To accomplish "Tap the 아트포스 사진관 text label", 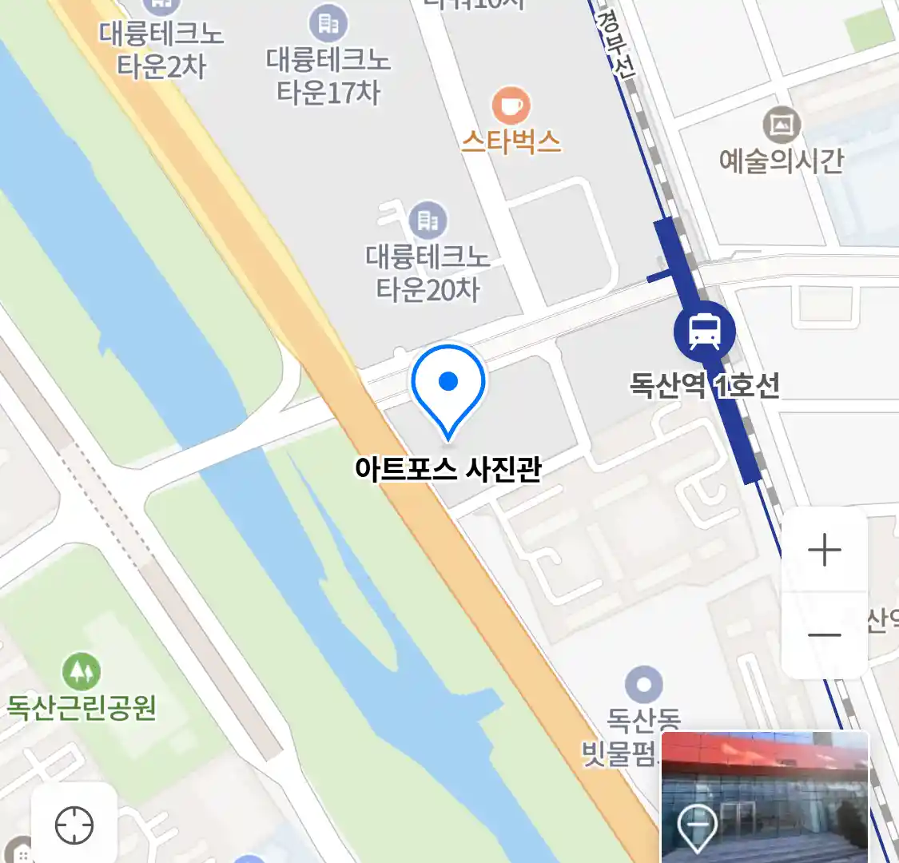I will pyautogui.click(x=448, y=468).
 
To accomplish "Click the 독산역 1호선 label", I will pyautogui.click(x=704, y=386).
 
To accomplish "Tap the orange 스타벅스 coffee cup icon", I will pyautogui.click(x=511, y=105).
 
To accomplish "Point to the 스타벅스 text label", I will pyautogui.click(x=511, y=142).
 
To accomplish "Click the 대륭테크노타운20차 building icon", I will pyautogui.click(x=428, y=220).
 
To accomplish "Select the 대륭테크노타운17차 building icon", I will pyautogui.click(x=328, y=24).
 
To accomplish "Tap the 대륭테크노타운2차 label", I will pyautogui.click(x=161, y=50).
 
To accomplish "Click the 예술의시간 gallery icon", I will pyautogui.click(x=782, y=125).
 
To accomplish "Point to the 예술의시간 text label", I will pyautogui.click(x=781, y=161).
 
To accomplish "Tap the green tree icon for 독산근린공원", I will pyautogui.click(x=82, y=672).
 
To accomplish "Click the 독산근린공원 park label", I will pyautogui.click(x=82, y=708).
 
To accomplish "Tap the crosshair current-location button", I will pyautogui.click(x=74, y=825).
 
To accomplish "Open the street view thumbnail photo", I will pyautogui.click(x=765, y=797).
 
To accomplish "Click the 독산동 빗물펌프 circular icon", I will pyautogui.click(x=644, y=686).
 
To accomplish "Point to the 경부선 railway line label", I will pyautogui.click(x=615, y=45).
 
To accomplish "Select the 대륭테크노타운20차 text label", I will pyautogui.click(x=428, y=272).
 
